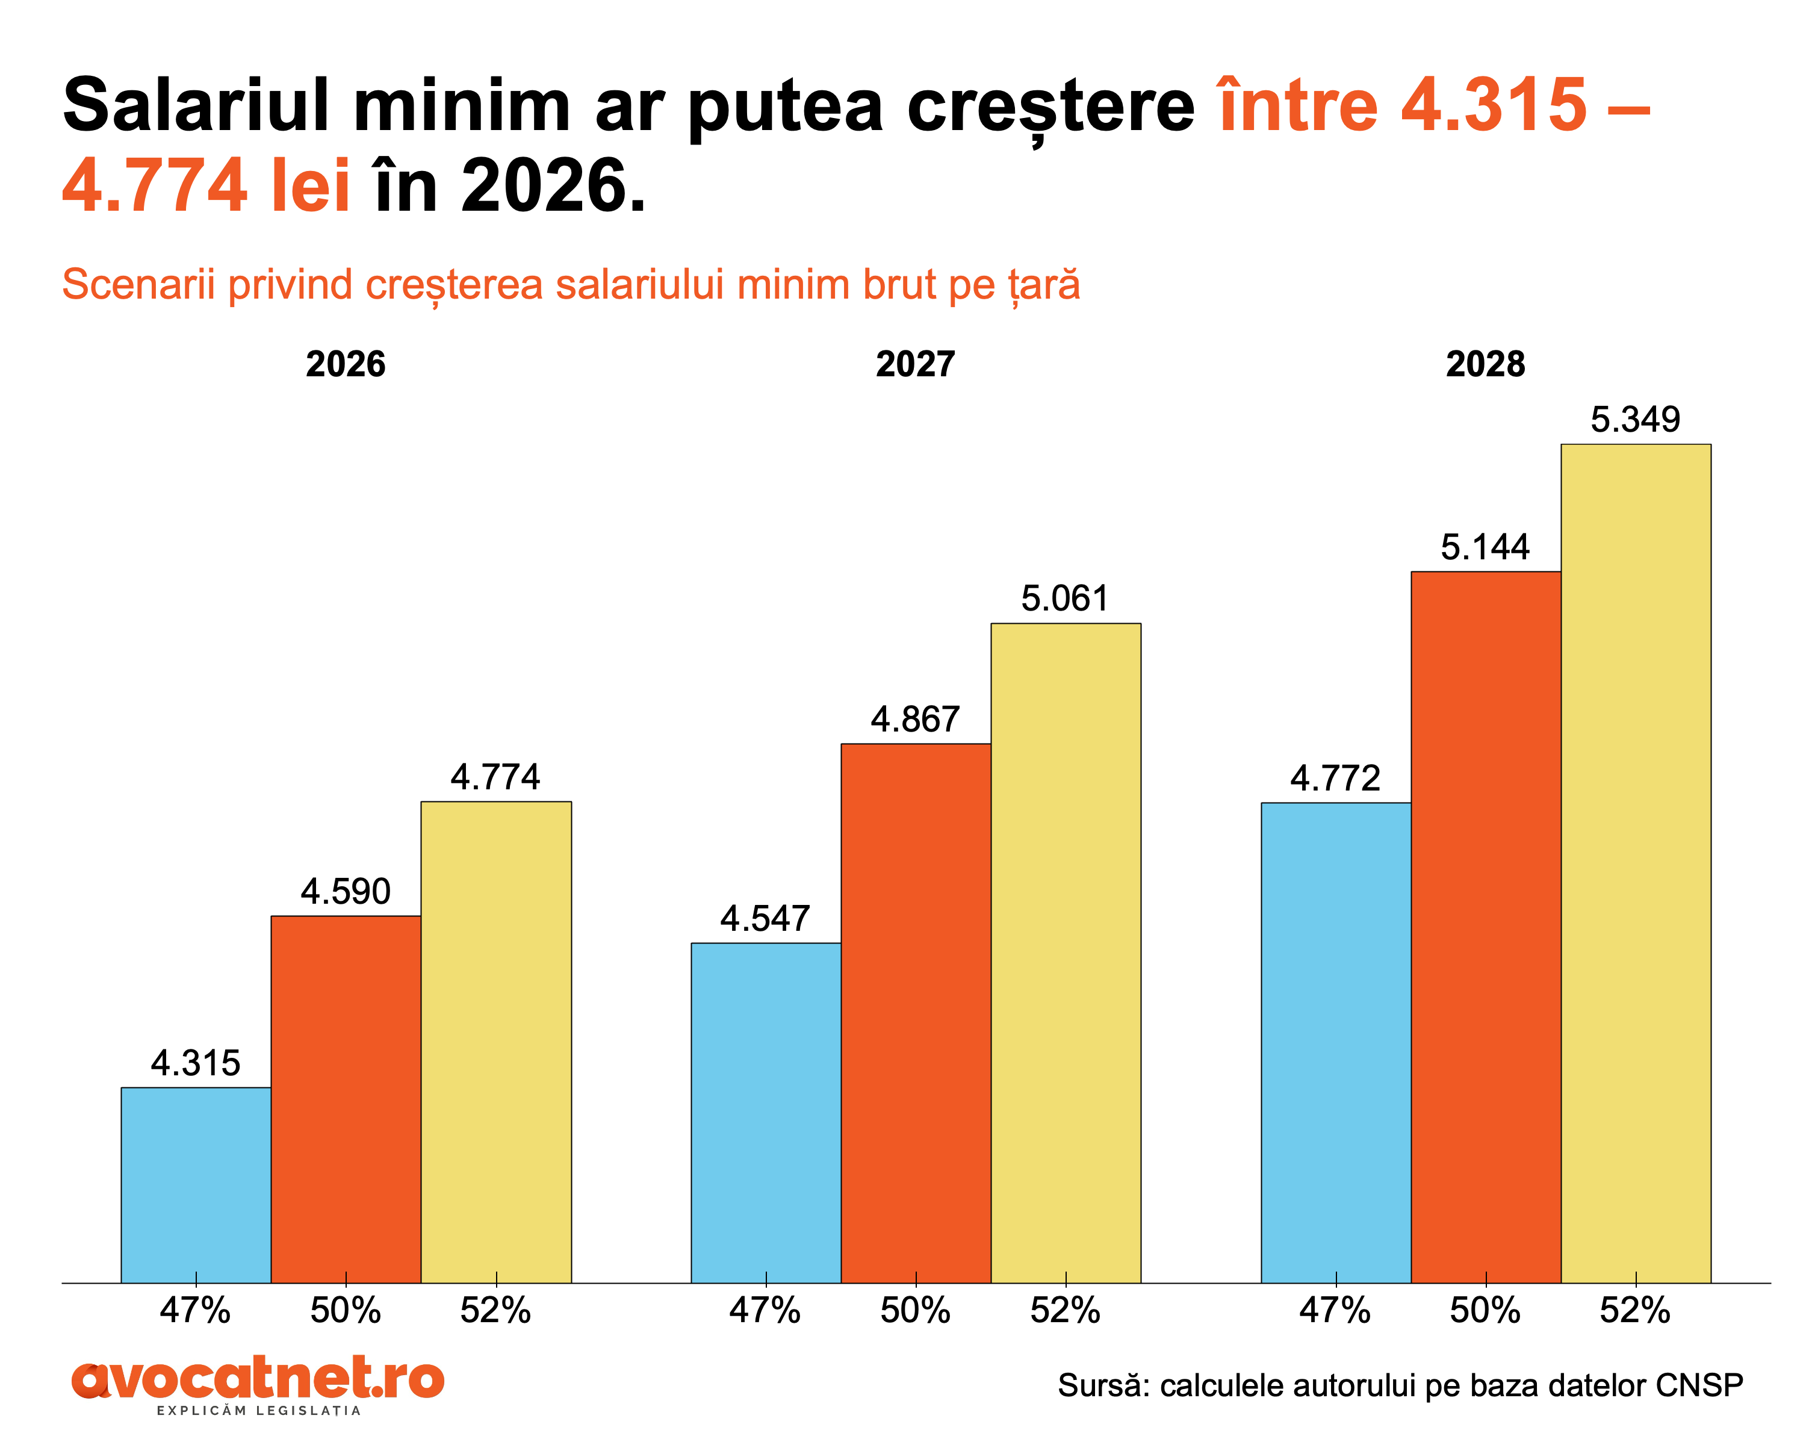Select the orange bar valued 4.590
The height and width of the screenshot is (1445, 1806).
click(346, 1099)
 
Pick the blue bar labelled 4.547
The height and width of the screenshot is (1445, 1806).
click(766, 1113)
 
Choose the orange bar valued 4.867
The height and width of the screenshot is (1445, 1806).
click(916, 1013)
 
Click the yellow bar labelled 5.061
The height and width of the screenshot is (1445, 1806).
click(1066, 952)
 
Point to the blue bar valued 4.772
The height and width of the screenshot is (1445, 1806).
click(1336, 1042)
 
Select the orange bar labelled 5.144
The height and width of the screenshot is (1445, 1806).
click(1486, 927)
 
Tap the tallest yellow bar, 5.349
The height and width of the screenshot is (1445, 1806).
click(1636, 863)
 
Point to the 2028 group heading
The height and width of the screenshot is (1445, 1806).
click(1485, 364)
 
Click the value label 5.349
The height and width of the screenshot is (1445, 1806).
click(1635, 420)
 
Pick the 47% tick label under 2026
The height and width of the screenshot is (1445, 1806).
click(195, 1310)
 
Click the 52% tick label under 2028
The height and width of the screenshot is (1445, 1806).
click(1635, 1310)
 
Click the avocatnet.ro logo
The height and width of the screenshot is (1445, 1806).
click(258, 1382)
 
